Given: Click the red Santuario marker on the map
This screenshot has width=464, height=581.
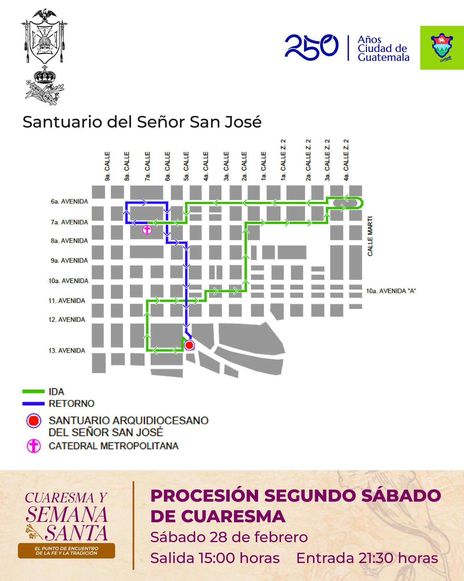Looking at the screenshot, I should click(189, 345).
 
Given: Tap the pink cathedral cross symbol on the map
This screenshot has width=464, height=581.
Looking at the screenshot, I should click(147, 230).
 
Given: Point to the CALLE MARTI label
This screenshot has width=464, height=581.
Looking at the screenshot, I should click(370, 236).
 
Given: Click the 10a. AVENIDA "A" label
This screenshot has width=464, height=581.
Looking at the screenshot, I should click(391, 291).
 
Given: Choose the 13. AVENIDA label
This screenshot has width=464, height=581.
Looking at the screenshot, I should click(67, 351).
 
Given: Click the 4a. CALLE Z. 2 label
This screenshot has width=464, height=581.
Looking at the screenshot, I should click(346, 160).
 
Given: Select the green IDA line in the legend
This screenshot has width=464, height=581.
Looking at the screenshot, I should click(33, 391).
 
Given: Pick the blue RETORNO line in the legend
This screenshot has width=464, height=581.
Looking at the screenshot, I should click(33, 403).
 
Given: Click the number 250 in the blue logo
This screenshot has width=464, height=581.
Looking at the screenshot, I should click(311, 48).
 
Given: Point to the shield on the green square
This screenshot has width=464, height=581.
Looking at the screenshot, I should click(442, 47).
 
